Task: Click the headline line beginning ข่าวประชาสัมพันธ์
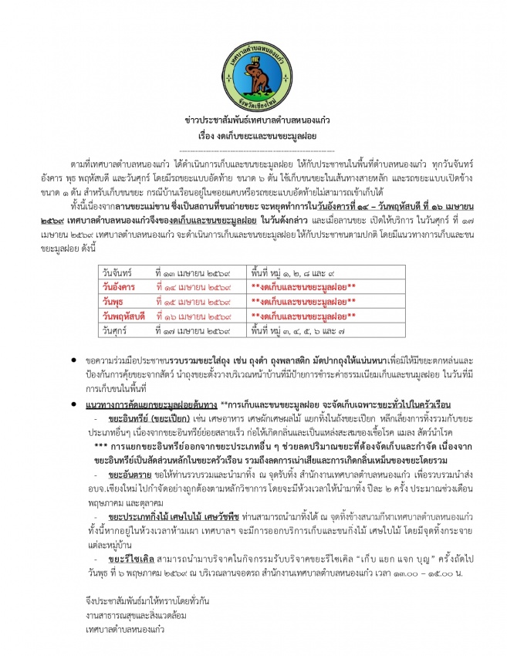pyautogui.click(x=253, y=122)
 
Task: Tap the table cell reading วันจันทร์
pyautogui.click(x=118, y=274)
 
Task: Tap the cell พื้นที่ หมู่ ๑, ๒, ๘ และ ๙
pyautogui.click(x=292, y=274)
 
